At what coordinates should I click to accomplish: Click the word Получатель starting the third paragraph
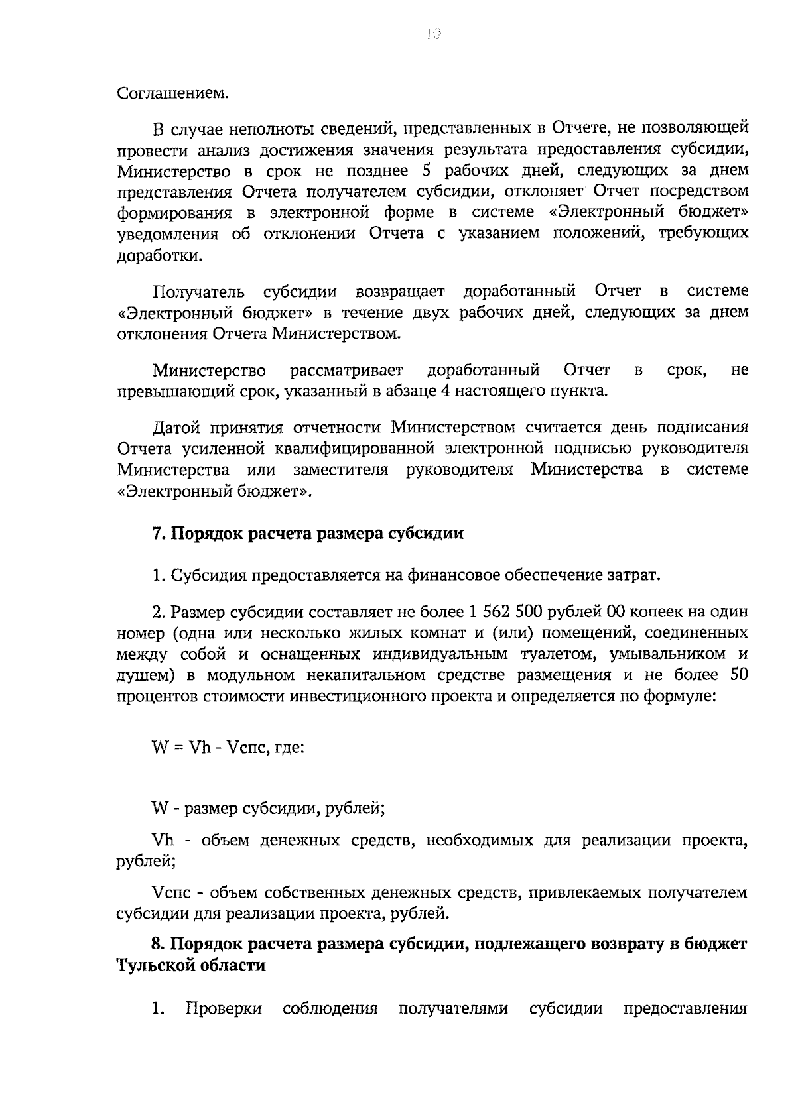point(198,292)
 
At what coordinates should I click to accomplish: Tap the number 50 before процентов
point(738,675)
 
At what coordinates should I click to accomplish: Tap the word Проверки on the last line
point(224,1010)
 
